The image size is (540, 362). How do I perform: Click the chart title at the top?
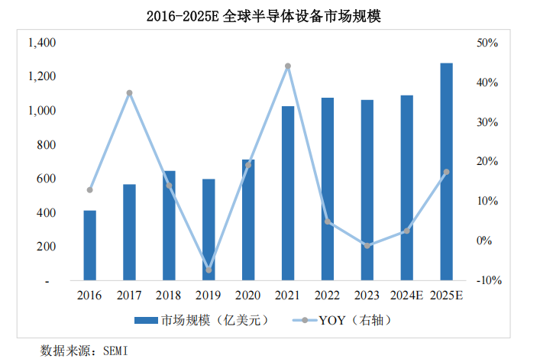click(270, 15)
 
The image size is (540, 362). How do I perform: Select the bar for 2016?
click(89, 245)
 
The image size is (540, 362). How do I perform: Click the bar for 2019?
click(209, 229)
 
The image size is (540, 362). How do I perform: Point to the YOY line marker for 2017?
click(129, 93)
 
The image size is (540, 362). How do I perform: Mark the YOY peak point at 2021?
click(288, 66)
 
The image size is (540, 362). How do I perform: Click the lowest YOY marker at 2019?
click(209, 270)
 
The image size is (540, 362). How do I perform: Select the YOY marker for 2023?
click(367, 246)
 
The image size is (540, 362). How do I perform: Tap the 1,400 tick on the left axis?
click(41, 43)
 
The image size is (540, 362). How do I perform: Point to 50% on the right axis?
click(487, 43)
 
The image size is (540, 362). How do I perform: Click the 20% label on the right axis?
click(487, 161)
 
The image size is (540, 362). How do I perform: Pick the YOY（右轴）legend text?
click(351, 321)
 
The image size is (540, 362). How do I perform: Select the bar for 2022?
click(328, 189)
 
